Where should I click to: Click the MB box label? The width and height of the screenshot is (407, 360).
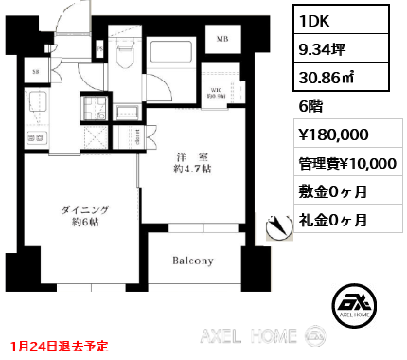click(x=223, y=39)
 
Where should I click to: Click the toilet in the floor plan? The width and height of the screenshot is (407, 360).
click(x=123, y=52)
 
